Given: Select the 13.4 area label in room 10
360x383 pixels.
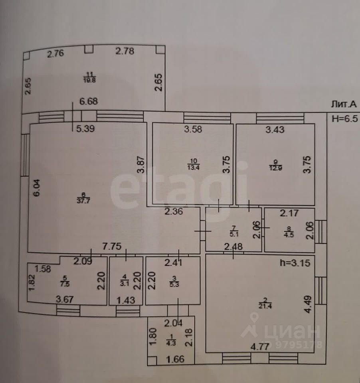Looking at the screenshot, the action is [x=191, y=166].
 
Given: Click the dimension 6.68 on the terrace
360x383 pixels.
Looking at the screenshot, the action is [x=89, y=102].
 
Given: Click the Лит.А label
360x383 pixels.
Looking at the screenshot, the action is [x=344, y=105].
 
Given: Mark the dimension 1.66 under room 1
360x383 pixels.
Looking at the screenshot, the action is [x=175, y=359].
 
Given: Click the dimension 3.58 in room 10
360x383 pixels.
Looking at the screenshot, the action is [x=192, y=129].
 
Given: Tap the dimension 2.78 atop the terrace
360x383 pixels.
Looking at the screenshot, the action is [x=125, y=51].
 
